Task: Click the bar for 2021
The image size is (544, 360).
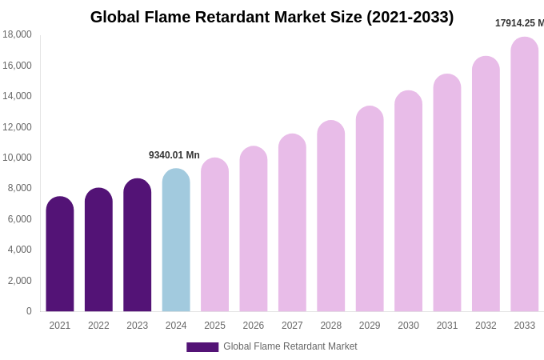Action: coord(60,254)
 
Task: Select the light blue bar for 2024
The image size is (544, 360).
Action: coord(176,240)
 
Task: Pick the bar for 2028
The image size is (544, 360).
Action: coord(331,216)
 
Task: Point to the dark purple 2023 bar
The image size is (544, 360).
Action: coord(138,245)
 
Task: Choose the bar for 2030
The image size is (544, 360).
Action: coord(408,202)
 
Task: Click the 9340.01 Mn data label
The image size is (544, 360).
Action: coord(174,155)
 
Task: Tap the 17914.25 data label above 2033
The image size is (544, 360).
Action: coord(519,23)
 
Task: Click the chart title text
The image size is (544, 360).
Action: coord(272,17)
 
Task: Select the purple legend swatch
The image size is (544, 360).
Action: coord(202,347)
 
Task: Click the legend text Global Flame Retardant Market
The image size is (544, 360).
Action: coord(290,346)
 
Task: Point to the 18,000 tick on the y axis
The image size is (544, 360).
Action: coord(17,34)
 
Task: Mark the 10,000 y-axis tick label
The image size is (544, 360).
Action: coord(17,158)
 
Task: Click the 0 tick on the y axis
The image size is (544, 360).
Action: coord(29,311)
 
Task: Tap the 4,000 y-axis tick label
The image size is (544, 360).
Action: coord(19,250)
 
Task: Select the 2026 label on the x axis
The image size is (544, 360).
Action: coord(254,326)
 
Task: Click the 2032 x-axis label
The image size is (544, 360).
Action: coord(486,326)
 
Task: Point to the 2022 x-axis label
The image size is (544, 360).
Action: coord(98,326)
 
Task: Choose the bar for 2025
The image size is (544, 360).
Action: coord(214,235)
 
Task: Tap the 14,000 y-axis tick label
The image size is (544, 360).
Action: coord(17,96)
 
